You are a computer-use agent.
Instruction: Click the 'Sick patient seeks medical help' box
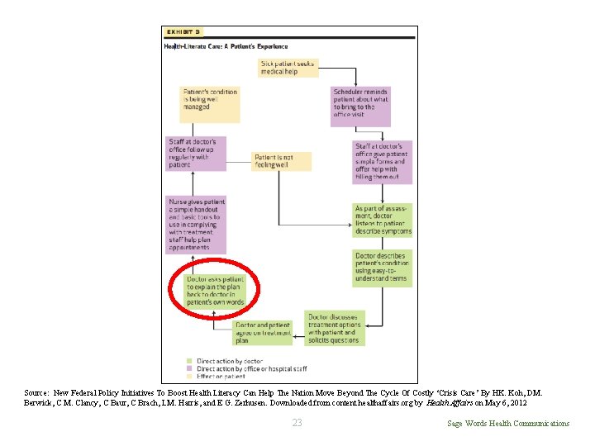click(x=288, y=68)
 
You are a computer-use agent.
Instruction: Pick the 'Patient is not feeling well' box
click(x=282, y=161)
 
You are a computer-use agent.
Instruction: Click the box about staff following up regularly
click(x=197, y=154)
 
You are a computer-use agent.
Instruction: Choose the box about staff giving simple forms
click(x=381, y=162)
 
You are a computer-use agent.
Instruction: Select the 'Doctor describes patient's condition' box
click(x=382, y=268)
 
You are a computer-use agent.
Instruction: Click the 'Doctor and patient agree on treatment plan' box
click(x=263, y=332)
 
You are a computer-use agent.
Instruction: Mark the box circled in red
click(x=216, y=292)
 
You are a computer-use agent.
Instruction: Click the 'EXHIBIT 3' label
click(x=183, y=32)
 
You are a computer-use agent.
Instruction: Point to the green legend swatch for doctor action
click(x=189, y=361)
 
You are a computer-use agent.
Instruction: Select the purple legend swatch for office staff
click(x=189, y=368)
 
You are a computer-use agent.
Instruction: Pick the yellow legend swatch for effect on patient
click(x=189, y=376)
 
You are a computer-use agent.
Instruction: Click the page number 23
click(x=297, y=424)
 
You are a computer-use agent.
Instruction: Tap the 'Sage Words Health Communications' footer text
click(x=507, y=424)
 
